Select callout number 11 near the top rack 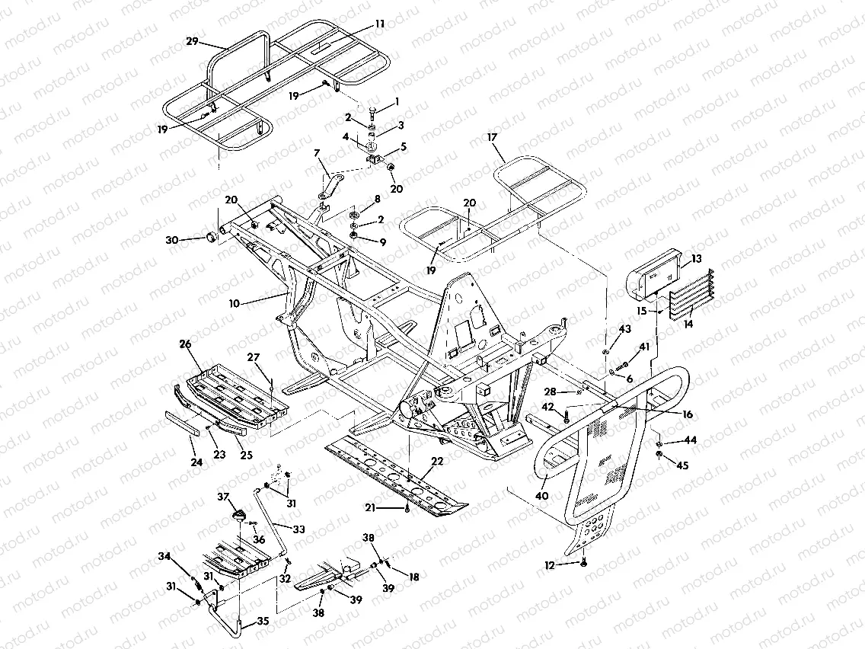[x=379, y=24]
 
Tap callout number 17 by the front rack [x=493, y=138]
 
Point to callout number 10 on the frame [x=235, y=303]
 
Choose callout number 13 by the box [x=697, y=260]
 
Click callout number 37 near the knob [x=224, y=497]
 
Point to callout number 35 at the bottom [x=263, y=622]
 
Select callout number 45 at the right [x=682, y=466]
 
